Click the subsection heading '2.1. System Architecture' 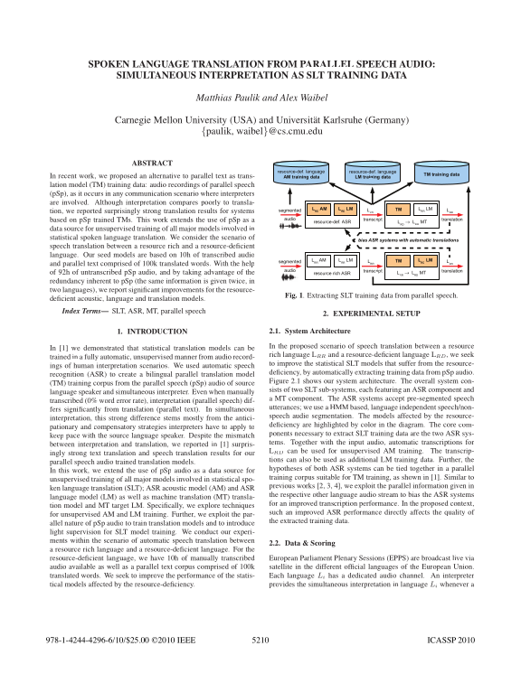(x=311, y=332)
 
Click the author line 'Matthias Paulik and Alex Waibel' (x=260, y=96)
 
